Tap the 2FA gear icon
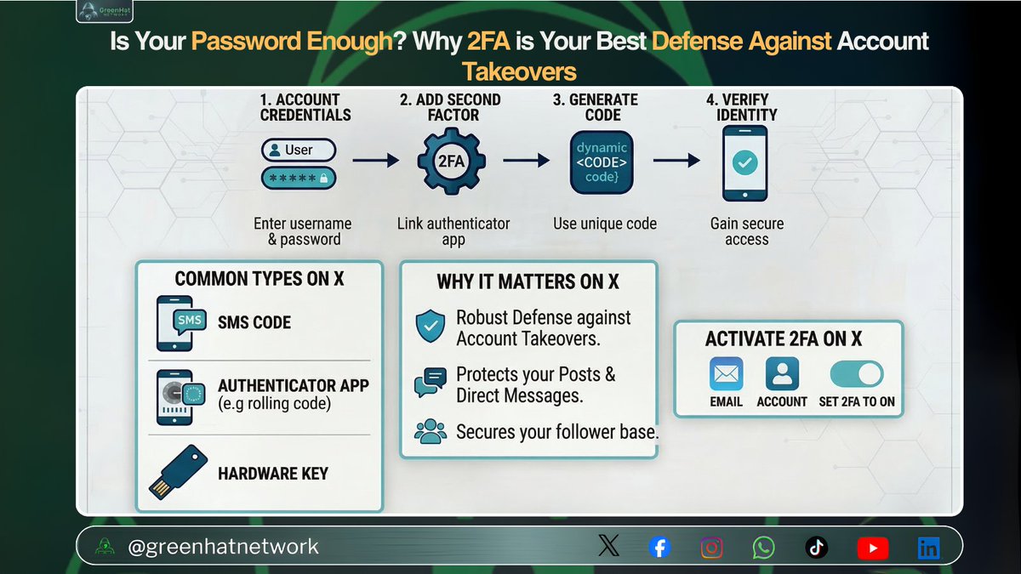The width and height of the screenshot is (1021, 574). [x=451, y=160]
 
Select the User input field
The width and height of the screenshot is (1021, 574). [x=298, y=151]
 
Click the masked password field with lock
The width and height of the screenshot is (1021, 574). [x=298, y=178]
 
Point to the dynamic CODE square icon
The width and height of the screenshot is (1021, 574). [x=602, y=161]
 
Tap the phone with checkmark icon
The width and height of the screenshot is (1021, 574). [x=744, y=162]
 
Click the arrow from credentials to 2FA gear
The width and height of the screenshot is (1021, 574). [x=375, y=160]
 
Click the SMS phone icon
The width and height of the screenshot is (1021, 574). [x=181, y=323]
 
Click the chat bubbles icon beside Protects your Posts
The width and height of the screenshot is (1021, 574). [x=430, y=384]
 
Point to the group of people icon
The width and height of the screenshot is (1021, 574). [x=431, y=431]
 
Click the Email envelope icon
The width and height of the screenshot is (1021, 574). [x=726, y=373]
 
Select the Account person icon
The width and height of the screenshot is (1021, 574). [x=782, y=373]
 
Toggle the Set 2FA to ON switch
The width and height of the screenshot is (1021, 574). [x=856, y=373]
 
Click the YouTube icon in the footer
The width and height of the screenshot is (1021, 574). [x=873, y=548]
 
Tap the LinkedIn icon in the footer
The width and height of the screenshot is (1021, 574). [x=928, y=548]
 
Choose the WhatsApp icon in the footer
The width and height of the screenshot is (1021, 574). [x=764, y=548]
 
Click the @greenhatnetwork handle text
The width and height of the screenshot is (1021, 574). [x=223, y=547]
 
